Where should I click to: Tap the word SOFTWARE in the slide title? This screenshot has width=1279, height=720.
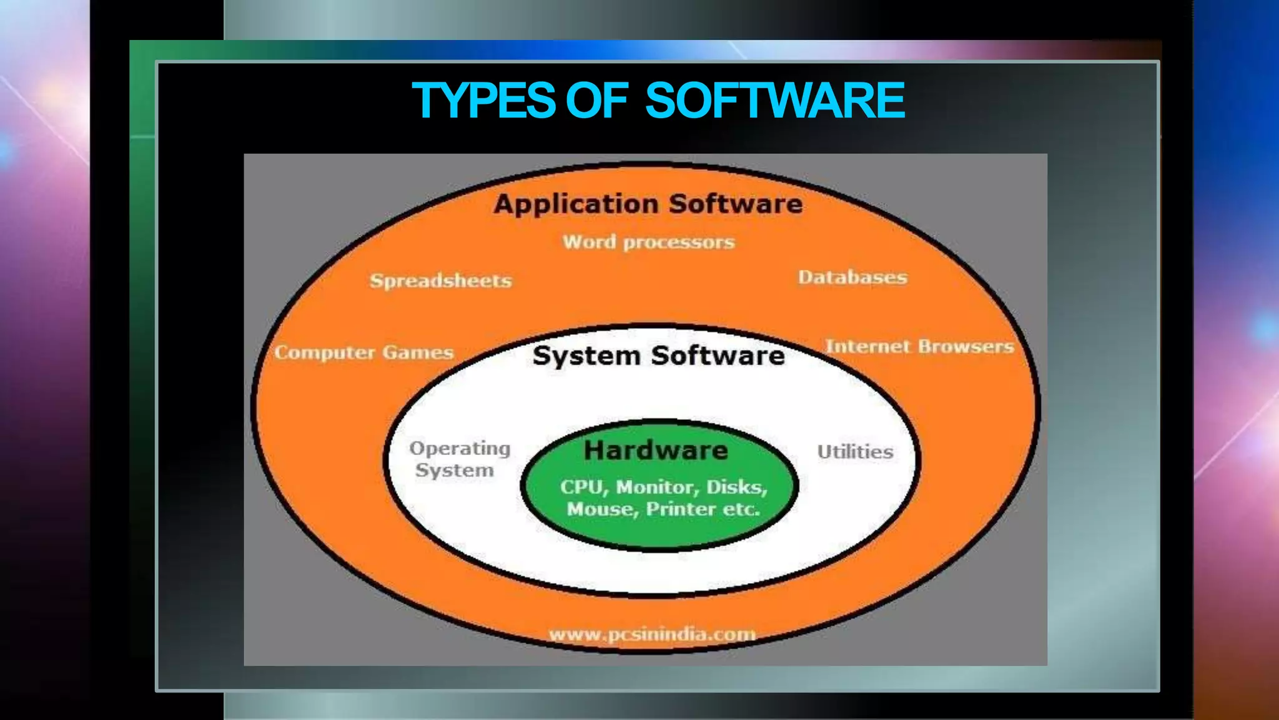click(774, 101)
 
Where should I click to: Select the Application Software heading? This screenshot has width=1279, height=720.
click(648, 204)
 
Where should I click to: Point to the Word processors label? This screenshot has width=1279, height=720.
click(648, 242)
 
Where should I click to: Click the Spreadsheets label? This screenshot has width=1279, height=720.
click(441, 281)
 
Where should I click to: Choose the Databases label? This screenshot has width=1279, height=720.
click(852, 277)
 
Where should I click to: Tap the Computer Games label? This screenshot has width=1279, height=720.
click(364, 352)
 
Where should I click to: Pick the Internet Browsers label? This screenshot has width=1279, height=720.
click(919, 347)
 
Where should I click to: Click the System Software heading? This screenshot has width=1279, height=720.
click(659, 356)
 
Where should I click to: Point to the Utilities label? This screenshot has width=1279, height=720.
click(855, 452)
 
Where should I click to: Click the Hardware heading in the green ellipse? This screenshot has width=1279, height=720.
click(656, 451)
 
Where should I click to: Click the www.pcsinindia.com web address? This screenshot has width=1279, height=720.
click(652, 634)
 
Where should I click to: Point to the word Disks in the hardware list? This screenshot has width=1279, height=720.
click(736, 487)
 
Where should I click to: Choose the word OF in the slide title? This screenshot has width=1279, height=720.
click(596, 101)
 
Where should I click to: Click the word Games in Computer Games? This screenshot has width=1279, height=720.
click(418, 352)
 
